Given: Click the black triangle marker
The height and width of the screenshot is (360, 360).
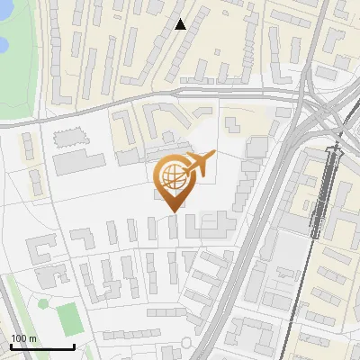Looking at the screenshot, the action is tap(180, 24).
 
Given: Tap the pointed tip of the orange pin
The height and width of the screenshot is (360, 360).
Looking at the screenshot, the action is tap(171, 211).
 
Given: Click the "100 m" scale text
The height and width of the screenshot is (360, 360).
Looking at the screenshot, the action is tap(23, 338).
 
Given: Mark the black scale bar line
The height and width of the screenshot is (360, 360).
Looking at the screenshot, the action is tap(41, 346).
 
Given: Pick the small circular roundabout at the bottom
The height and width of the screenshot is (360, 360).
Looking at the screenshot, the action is tap(186, 343).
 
